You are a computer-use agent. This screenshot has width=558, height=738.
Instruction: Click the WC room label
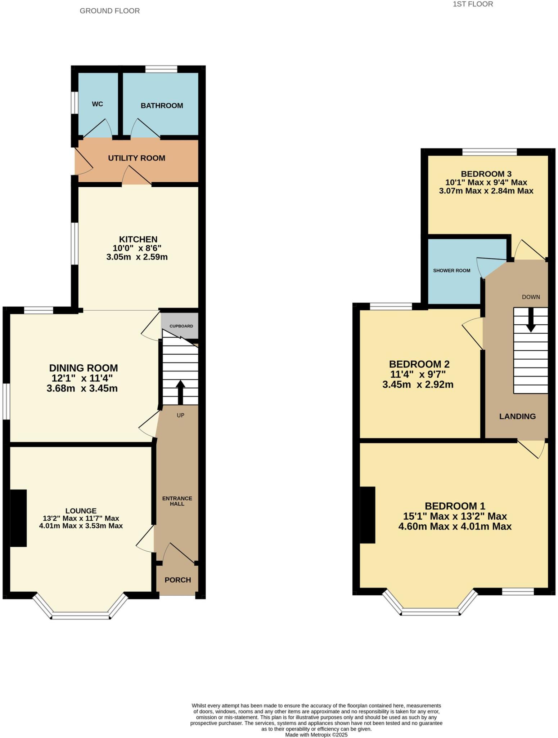coord(97,104)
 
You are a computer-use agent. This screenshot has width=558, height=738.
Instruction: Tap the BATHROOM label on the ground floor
coord(162,106)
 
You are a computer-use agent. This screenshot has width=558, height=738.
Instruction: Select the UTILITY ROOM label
coord(136,158)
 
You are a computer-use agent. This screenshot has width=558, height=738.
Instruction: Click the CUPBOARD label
coord(181,326)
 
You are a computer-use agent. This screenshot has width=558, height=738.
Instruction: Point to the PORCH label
coord(177,580)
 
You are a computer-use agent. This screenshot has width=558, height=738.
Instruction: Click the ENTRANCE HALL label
coord(177,501)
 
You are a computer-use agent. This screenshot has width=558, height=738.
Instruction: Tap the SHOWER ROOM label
coord(451,271)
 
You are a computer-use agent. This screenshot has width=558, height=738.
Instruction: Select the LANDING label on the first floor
coord(517,416)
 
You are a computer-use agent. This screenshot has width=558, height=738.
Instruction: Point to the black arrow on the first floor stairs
coord(530,321)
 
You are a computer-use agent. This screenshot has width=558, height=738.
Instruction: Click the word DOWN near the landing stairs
coord(531,297)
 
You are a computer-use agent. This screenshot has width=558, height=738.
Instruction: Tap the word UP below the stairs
coord(180,415)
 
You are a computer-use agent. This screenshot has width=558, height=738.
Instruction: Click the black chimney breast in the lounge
coord(18,518)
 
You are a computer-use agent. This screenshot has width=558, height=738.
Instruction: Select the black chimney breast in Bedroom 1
coord(368,515)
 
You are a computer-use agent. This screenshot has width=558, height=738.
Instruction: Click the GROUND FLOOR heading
coord(109,11)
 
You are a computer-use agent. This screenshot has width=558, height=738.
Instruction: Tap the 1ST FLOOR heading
coord(473,4)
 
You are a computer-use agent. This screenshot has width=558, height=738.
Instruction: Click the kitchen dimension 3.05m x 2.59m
coord(137,257)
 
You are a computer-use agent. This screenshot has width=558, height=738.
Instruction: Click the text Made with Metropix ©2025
coord(316,734)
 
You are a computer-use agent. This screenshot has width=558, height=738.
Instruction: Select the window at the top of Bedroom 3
coord(489,152)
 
